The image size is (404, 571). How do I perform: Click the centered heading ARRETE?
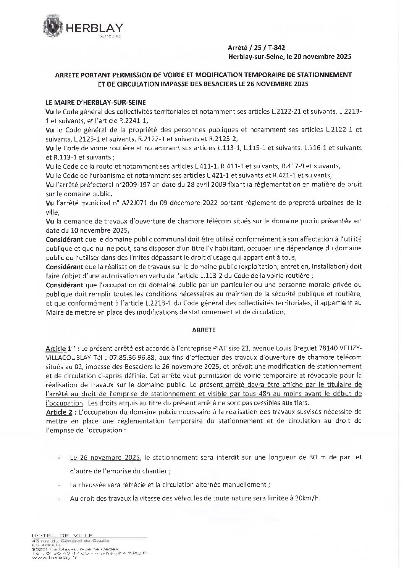(x=204, y=330)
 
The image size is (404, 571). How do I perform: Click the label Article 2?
(x=59, y=412)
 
